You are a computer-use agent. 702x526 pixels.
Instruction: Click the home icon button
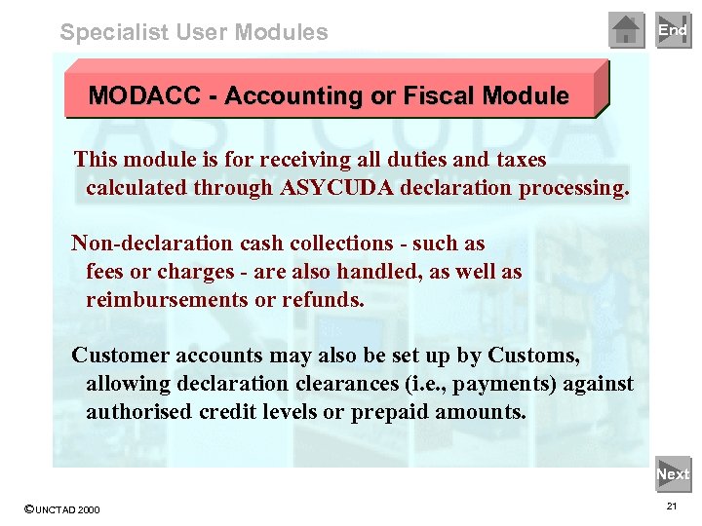tap(627, 30)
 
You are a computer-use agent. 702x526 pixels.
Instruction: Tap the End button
tap(673, 30)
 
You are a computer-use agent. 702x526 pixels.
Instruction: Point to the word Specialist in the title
tap(114, 32)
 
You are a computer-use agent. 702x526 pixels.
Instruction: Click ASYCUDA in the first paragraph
tap(332, 188)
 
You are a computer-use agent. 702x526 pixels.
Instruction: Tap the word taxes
tap(515, 160)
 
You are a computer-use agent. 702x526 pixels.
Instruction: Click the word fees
tap(107, 272)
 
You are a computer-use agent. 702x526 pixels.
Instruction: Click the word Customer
tap(119, 356)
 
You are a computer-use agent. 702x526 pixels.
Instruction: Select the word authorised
tap(138, 412)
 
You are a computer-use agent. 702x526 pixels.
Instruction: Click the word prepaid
tap(385, 412)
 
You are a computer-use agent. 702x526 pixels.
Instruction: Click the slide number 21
tap(672, 507)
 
